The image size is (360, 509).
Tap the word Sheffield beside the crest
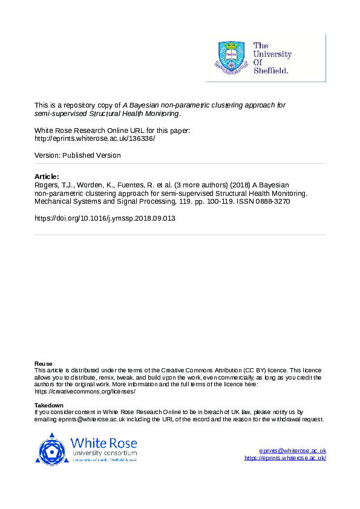[x=271, y=70]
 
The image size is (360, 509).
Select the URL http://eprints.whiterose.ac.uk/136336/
[x=95, y=138]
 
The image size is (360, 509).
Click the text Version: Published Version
[x=77, y=155]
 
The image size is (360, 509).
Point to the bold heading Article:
[x=48, y=177]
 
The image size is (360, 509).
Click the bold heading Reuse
[x=43, y=363]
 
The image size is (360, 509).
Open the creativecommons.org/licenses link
[x=85, y=391]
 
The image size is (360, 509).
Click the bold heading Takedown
[x=49, y=406]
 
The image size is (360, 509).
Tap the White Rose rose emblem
[x=53, y=449]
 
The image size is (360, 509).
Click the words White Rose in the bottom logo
[x=103, y=442]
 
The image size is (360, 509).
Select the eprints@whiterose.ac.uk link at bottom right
[x=293, y=451]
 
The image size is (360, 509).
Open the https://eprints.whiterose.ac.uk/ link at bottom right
[x=285, y=458]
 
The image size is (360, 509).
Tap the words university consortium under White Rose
[x=104, y=452]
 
